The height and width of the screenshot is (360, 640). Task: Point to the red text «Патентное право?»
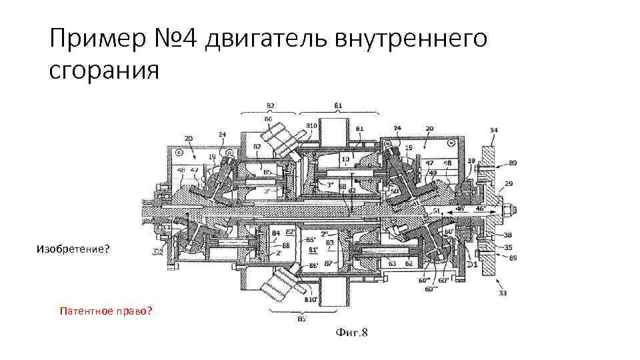(x=105, y=310)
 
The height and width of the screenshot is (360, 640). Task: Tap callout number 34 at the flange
(x=493, y=129)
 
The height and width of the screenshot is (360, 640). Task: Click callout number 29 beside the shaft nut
(x=509, y=183)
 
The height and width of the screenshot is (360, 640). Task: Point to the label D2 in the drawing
(x=159, y=251)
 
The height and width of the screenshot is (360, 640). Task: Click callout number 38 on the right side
(x=508, y=235)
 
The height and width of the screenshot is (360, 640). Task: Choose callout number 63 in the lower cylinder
(x=393, y=264)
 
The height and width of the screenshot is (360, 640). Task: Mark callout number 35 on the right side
(x=508, y=247)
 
